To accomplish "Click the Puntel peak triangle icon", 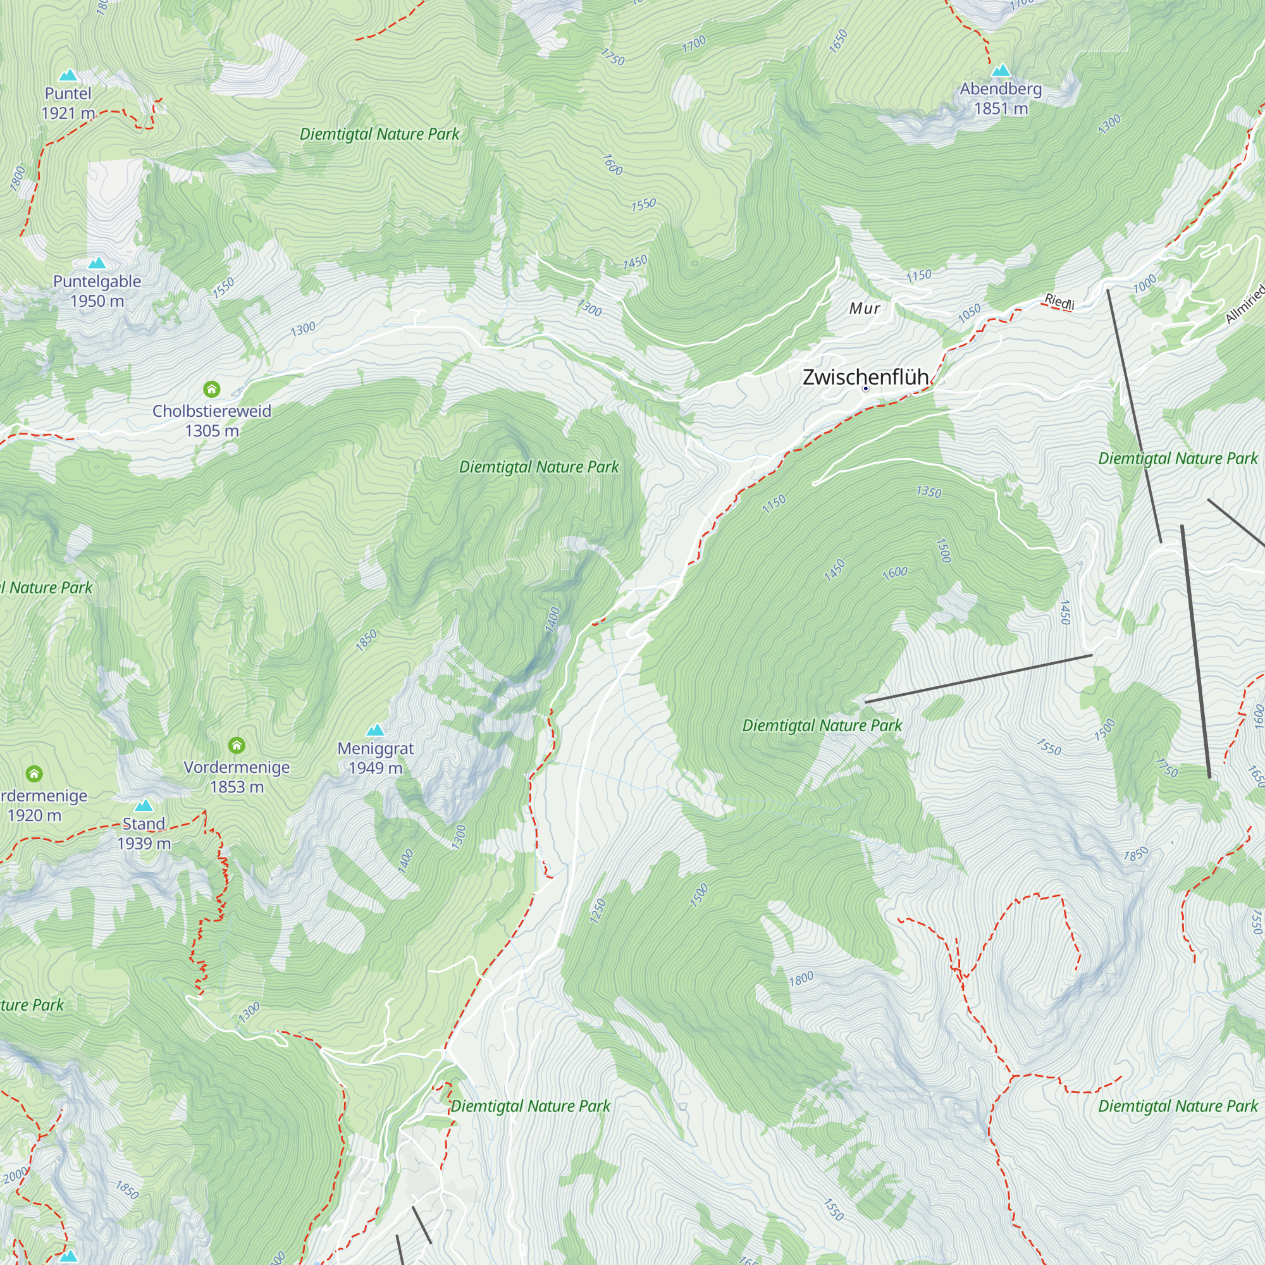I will point(68,75).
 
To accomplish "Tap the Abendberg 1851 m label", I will point(1001,98).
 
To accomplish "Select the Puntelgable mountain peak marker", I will point(97,263).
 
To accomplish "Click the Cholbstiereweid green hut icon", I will point(211,390).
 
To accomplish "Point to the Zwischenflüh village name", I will point(865,377).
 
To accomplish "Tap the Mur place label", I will point(864,309).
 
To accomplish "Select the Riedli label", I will point(1059,302).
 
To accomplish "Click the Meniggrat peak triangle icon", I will point(375,730).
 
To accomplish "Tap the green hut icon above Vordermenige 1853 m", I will point(237,745).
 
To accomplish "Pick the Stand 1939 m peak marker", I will point(144,805).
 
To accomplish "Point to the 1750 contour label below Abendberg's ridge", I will point(613,58).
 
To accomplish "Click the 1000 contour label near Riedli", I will point(1145,284).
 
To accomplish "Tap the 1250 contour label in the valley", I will point(598,911).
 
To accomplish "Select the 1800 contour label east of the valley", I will point(801,979).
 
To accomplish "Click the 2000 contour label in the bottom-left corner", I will point(15,1175).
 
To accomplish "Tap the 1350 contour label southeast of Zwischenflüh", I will point(929,491).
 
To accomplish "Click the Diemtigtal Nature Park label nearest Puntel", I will point(379,134).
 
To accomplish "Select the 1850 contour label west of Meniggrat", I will point(366,639).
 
